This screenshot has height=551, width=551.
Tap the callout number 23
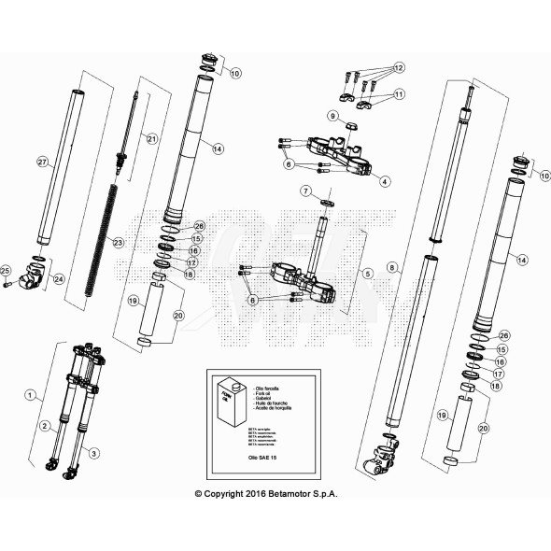(x=118, y=243)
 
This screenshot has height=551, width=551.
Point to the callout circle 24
(x=60, y=278)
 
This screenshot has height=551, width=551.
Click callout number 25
(x=6, y=271)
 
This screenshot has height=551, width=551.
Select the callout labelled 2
(x=44, y=426)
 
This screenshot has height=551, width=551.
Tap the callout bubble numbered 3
(x=94, y=452)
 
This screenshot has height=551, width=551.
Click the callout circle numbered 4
(x=385, y=180)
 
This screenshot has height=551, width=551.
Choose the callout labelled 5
(x=368, y=274)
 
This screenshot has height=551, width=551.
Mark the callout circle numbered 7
(x=305, y=191)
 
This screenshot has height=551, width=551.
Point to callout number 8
(x=393, y=267)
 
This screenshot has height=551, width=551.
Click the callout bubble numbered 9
(x=332, y=116)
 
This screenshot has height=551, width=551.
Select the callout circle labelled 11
(x=399, y=94)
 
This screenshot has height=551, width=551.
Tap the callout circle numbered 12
(x=399, y=68)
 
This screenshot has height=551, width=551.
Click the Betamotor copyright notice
(x=265, y=493)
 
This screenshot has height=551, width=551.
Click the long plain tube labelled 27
(x=55, y=163)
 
